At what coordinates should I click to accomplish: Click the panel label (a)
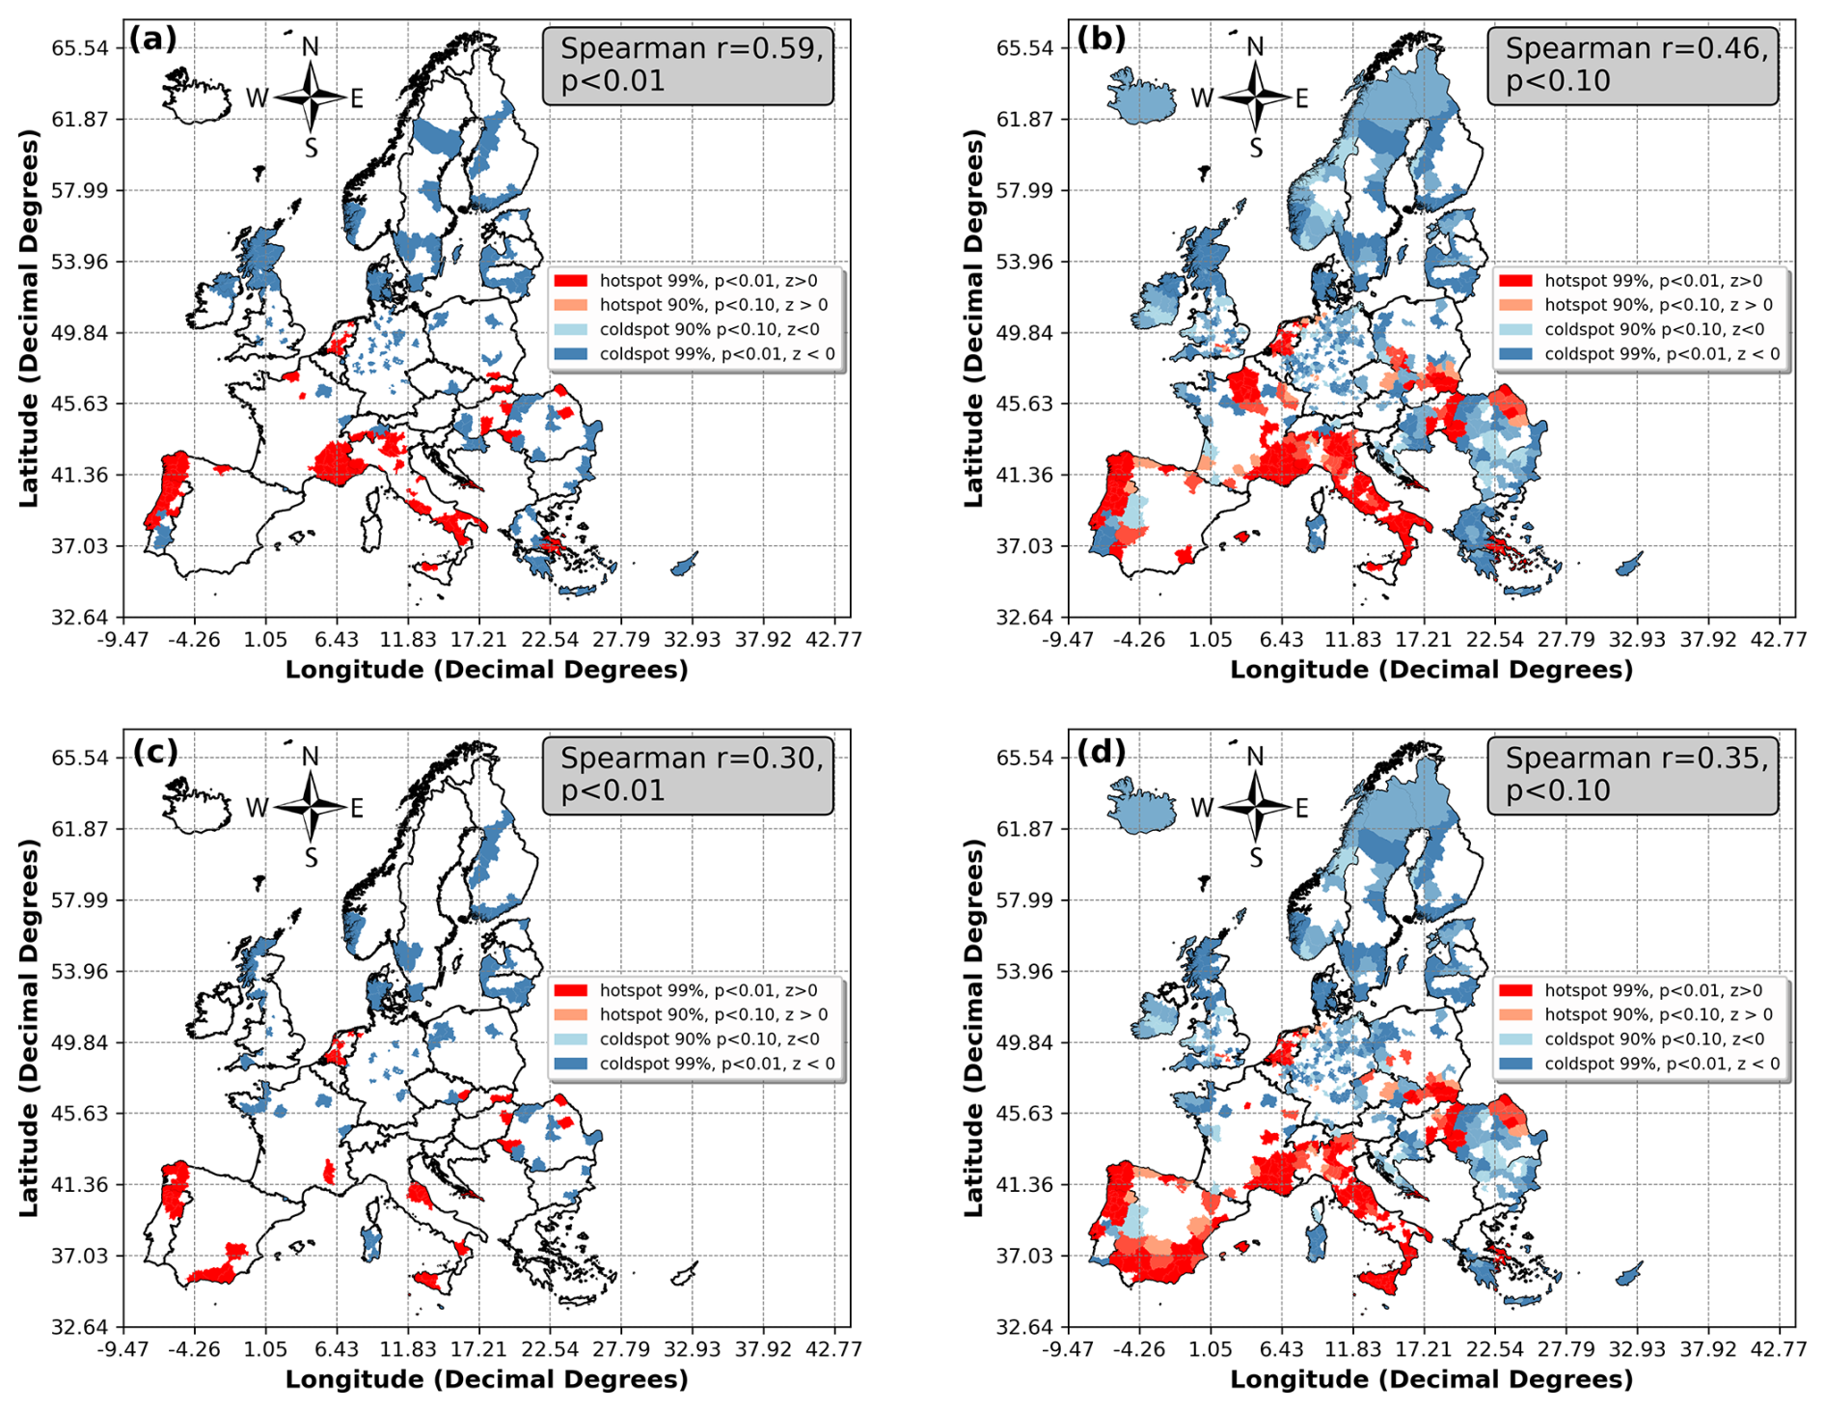click(x=152, y=40)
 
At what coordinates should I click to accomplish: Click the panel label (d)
click(x=1101, y=750)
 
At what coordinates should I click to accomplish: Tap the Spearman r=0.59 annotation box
click(x=688, y=66)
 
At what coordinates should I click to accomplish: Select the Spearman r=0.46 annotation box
click(x=1632, y=66)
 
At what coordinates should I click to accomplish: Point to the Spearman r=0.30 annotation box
click(x=688, y=775)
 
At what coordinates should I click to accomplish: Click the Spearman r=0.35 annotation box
click(x=1632, y=775)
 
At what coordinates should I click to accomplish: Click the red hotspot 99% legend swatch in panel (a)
click(x=570, y=281)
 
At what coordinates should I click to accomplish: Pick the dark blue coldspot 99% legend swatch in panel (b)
click(x=1514, y=354)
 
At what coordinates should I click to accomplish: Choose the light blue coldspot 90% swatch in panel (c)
click(x=570, y=1039)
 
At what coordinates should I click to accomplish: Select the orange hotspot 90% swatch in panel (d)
click(x=1514, y=1015)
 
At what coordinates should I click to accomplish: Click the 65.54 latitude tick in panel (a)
click(x=80, y=47)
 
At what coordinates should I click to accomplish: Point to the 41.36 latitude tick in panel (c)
click(x=80, y=1184)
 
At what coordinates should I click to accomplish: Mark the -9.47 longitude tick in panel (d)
click(x=1068, y=1348)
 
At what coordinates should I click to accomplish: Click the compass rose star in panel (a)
click(x=310, y=97)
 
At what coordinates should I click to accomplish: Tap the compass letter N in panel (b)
click(x=1255, y=46)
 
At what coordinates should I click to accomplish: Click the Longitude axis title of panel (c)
click(x=486, y=1379)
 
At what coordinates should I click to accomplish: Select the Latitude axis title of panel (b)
click(x=973, y=318)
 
